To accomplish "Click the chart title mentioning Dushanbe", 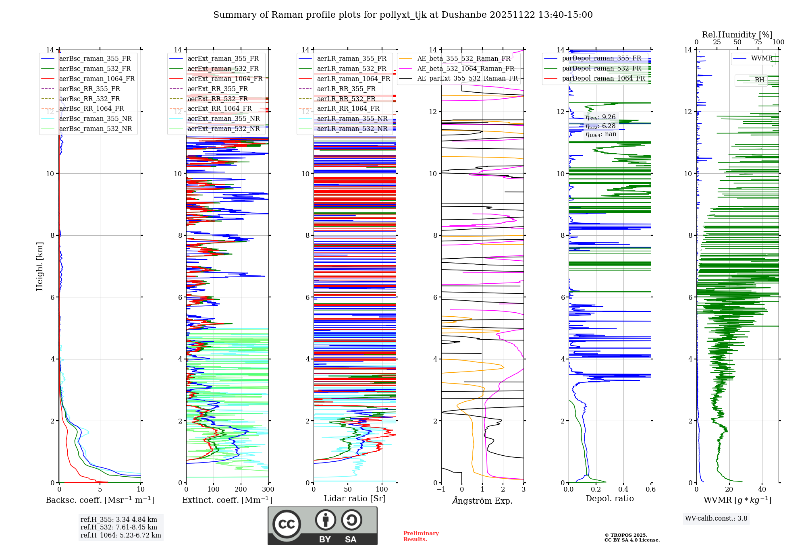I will pyautogui.click(x=403, y=15).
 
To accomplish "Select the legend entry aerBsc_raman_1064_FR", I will pyautogui.click(x=97, y=79).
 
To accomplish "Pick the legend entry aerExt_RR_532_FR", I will pyautogui.click(x=218, y=99).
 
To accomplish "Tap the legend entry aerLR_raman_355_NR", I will pyautogui.click(x=352, y=118).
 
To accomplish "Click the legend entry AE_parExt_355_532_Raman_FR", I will pyautogui.click(x=467, y=78).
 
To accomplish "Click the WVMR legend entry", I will pyautogui.click(x=762, y=58).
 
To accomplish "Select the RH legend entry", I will pyautogui.click(x=759, y=80).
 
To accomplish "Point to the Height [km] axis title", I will pyautogui.click(x=39, y=266).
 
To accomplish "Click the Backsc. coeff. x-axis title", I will pyautogui.click(x=100, y=500).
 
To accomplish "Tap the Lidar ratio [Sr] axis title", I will pyautogui.click(x=355, y=498).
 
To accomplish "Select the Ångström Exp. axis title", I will pyautogui.click(x=482, y=500).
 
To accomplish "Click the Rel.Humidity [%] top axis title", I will pyautogui.click(x=737, y=35).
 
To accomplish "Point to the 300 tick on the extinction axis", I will pyautogui.click(x=268, y=490).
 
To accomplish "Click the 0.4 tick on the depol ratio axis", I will pyautogui.click(x=623, y=490).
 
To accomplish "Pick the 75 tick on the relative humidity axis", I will pyautogui.click(x=758, y=42).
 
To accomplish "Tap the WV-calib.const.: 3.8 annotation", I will pyautogui.click(x=716, y=519).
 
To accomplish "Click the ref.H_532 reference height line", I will pyautogui.click(x=119, y=527).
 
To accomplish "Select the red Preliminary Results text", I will pyautogui.click(x=421, y=536).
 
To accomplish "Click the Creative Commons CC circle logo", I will pyautogui.click(x=287, y=524).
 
